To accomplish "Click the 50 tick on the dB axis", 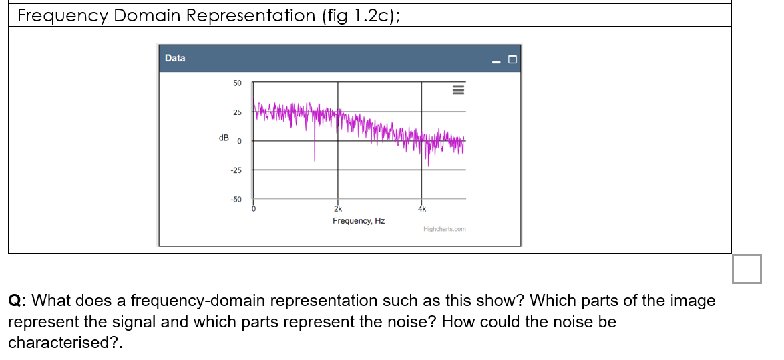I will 237,83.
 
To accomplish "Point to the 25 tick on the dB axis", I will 237,112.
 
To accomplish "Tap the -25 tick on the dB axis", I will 236,170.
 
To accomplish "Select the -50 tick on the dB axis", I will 236,200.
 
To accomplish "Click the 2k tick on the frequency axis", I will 338,208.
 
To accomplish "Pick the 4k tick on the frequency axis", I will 421,208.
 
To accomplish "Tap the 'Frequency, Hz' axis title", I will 359,221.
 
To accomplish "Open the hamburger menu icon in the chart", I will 458,90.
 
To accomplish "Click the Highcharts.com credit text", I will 445,229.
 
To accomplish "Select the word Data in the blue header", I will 175,58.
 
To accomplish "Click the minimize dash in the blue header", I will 496,61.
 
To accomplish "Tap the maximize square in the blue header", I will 512,60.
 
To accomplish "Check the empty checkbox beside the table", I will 746,268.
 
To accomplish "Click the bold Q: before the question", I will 17,301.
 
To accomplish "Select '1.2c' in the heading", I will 371,15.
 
